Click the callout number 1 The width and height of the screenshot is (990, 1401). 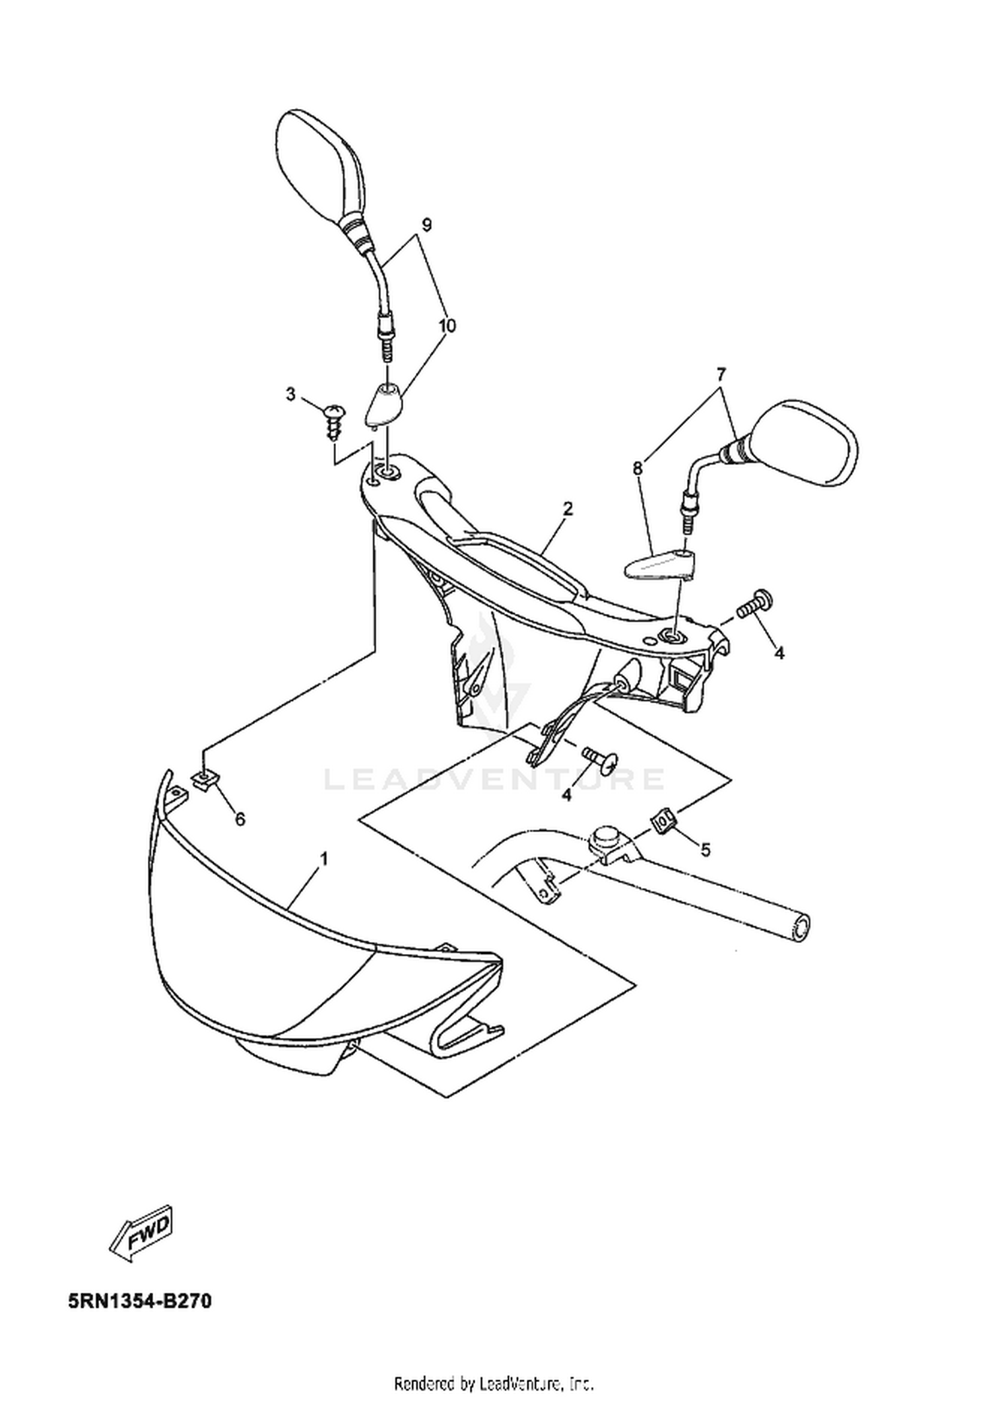pyautogui.click(x=324, y=859)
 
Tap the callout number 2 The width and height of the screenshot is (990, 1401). pyautogui.click(x=568, y=509)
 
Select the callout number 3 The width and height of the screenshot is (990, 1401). pyautogui.click(x=290, y=394)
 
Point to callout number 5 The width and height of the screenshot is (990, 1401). pyautogui.click(x=706, y=850)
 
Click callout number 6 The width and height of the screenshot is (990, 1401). pyautogui.click(x=240, y=819)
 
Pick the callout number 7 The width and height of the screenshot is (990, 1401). pyautogui.click(x=721, y=374)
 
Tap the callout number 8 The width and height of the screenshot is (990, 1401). pyautogui.click(x=638, y=468)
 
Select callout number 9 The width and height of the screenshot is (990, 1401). pyautogui.click(x=426, y=225)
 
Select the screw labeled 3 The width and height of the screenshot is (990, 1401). pyautogui.click(x=335, y=422)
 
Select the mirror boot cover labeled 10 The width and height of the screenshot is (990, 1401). pyautogui.click(x=385, y=404)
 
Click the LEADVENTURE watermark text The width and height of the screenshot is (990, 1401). pyautogui.click(x=494, y=779)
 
